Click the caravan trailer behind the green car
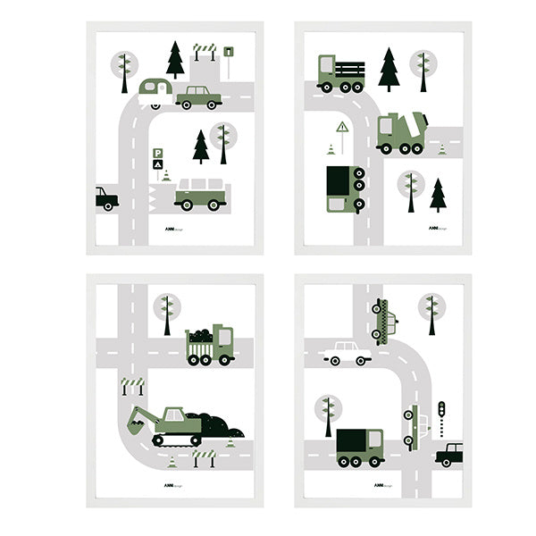point(155,90)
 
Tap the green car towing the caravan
point(198,96)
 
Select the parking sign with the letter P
point(158,155)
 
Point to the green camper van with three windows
point(200,195)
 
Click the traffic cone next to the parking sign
point(166,175)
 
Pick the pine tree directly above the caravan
point(175,59)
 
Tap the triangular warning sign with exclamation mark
point(342,128)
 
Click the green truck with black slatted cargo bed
point(341,74)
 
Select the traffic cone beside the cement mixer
point(441,148)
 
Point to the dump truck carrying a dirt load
point(209,346)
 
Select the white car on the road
point(347,353)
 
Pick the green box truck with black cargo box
point(359,447)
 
